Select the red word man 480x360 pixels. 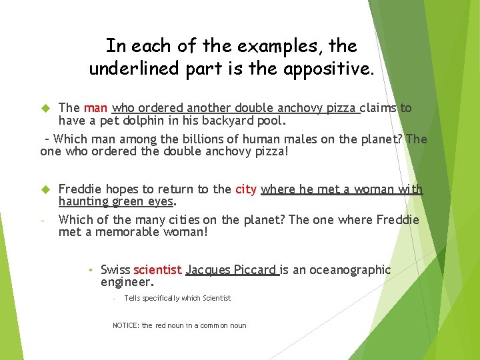point(97,108)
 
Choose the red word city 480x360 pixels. point(246,189)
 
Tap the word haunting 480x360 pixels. point(83,201)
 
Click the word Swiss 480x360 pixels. point(115,270)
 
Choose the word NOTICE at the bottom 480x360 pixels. point(125,325)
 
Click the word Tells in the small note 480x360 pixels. point(133,298)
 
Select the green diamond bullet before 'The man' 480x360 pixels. point(46,108)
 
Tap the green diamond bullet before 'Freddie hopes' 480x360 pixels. point(46,189)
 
